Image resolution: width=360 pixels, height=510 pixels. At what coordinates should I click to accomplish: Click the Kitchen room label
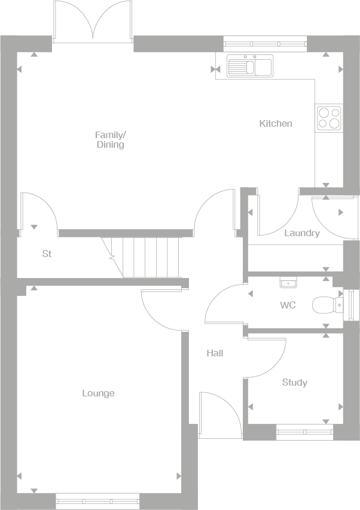click(276, 124)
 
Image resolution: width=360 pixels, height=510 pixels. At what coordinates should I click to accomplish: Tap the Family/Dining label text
click(110, 140)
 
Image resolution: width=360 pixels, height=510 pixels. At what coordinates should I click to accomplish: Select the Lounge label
click(98, 393)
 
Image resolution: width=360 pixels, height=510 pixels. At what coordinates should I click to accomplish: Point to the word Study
click(294, 383)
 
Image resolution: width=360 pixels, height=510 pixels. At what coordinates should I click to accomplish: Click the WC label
click(288, 306)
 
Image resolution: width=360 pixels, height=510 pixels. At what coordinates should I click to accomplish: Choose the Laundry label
click(301, 233)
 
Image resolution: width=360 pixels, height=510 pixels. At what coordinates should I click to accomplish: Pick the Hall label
click(215, 353)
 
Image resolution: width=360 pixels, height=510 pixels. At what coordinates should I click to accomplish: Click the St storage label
click(47, 254)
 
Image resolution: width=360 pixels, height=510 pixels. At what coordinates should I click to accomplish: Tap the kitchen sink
click(249, 66)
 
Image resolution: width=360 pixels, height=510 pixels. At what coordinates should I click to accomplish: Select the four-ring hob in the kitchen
click(329, 118)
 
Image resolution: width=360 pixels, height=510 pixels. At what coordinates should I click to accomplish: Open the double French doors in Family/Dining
click(92, 23)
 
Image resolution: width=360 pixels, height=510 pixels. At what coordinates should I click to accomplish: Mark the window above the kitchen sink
click(265, 42)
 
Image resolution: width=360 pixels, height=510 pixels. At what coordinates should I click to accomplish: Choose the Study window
click(304, 429)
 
